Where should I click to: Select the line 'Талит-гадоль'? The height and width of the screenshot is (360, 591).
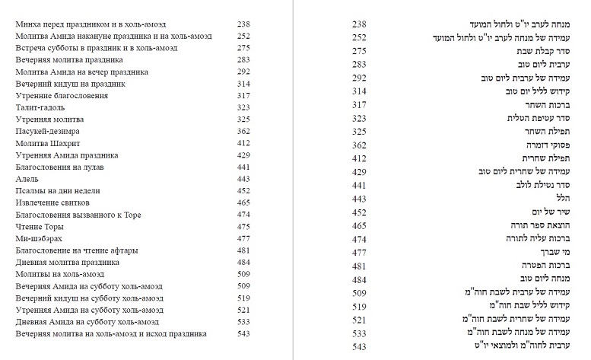tap(40, 108)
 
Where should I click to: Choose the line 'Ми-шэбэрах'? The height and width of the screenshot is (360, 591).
tap(37, 238)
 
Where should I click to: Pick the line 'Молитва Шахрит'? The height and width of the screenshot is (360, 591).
tap(44, 143)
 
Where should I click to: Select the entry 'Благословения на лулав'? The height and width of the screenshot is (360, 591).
tap(59, 167)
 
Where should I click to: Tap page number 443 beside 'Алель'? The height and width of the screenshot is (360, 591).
tap(243, 179)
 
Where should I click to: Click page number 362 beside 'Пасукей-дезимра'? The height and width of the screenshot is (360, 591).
tap(243, 132)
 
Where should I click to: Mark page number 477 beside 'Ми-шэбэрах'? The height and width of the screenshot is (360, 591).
tap(243, 238)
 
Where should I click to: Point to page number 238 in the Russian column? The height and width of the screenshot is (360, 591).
tap(243, 24)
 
